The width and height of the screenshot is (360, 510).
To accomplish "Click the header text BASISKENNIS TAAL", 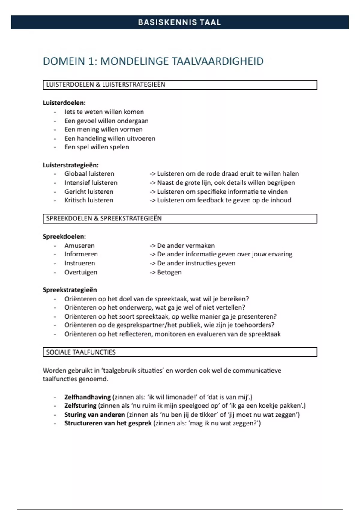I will pos(179,22).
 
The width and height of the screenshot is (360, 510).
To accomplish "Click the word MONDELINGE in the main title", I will pos(134,61).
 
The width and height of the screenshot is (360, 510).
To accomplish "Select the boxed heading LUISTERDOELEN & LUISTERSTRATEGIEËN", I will pos(106,85).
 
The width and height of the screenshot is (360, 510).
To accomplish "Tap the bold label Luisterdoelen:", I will pos(64,103).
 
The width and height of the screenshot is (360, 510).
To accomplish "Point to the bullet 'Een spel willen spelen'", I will pos(97,147).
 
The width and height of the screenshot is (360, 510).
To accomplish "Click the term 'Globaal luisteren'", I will pos(89,174).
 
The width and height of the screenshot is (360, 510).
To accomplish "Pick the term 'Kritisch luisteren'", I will pos(89,200).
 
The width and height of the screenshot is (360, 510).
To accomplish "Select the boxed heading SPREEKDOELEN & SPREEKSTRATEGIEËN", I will pos(104,218).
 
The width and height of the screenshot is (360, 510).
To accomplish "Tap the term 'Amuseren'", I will pos(79,245).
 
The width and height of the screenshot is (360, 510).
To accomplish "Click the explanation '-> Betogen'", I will pos(166,272).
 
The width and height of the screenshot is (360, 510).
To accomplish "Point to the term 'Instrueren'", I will pos(80,263).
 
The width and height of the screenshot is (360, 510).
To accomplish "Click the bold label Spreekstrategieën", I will pos(70,290).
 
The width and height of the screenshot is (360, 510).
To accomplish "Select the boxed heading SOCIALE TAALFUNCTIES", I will pos(81,352).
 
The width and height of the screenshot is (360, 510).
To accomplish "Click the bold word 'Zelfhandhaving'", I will pos(88,397).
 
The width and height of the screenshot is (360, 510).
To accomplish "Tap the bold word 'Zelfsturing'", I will pos(80,406).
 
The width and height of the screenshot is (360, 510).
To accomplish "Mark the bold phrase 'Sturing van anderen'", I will pos(94,415).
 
